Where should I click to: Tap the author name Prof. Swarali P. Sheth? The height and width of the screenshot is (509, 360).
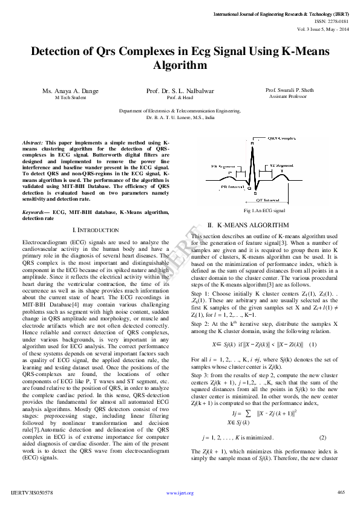click(290, 90)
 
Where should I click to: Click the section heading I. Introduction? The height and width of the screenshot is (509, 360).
click(96, 230)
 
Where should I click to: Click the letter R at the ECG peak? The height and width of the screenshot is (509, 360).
click(252, 143)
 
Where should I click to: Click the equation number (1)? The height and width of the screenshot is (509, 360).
click(313, 345)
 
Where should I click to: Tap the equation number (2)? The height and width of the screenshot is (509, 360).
click(322, 436)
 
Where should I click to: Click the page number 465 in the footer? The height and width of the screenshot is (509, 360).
click(341, 492)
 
